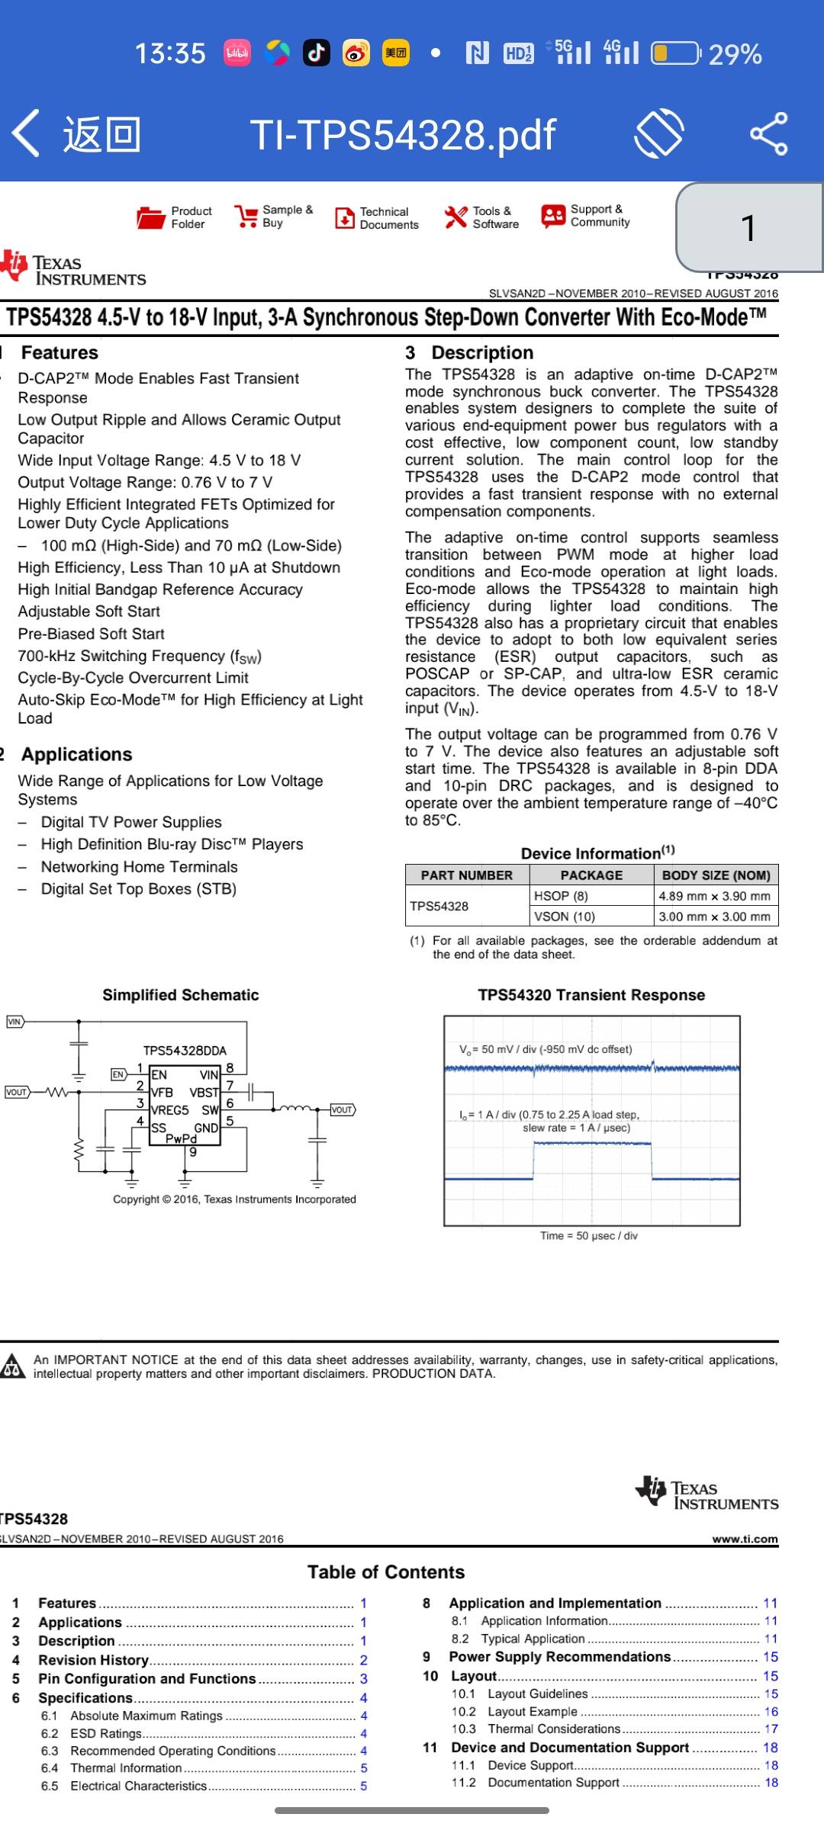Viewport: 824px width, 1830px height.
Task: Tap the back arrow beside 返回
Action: pyautogui.click(x=26, y=133)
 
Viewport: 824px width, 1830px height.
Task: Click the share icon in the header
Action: pyautogui.click(x=768, y=133)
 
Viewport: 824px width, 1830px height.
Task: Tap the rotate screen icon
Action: pyautogui.click(x=658, y=133)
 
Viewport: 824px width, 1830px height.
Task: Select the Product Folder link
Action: pyautogui.click(x=174, y=217)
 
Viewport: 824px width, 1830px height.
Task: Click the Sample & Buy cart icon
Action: pyautogui.click(x=246, y=217)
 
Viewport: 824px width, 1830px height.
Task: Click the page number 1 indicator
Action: pyautogui.click(x=748, y=227)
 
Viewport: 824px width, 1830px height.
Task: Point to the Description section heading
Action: pyautogui.click(x=482, y=352)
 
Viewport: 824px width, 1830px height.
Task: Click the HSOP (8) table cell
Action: pyautogui.click(x=561, y=896)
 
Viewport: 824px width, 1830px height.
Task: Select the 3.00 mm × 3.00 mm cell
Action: pyautogui.click(x=714, y=917)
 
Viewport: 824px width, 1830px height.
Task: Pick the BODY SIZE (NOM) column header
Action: pyautogui.click(x=716, y=875)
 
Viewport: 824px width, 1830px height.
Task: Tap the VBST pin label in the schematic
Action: pyautogui.click(x=204, y=1093)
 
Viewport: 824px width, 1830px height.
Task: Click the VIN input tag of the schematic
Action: pyautogui.click(x=14, y=1022)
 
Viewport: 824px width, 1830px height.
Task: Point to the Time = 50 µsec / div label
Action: pyautogui.click(x=588, y=1235)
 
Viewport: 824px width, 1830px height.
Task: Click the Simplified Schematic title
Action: pyautogui.click(x=181, y=995)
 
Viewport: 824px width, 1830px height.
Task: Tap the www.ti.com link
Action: pyautogui.click(x=745, y=1539)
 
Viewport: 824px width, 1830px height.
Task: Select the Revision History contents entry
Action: pyautogui.click(x=93, y=1660)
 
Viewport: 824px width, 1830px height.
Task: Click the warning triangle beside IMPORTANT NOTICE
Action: pyautogui.click(x=12, y=1366)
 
